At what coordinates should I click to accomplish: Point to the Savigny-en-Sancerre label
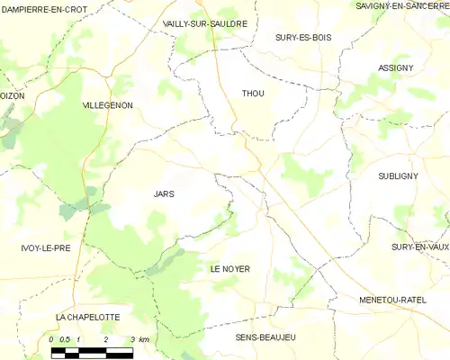(400, 6)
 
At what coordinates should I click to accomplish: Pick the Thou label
(254, 94)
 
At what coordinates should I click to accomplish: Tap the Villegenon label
(107, 105)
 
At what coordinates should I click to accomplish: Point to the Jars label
(164, 193)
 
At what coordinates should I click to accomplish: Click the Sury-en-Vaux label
(419, 247)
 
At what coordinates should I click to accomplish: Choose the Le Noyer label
(229, 269)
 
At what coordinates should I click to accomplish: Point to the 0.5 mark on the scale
(65, 339)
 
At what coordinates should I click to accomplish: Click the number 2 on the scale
(105, 339)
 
